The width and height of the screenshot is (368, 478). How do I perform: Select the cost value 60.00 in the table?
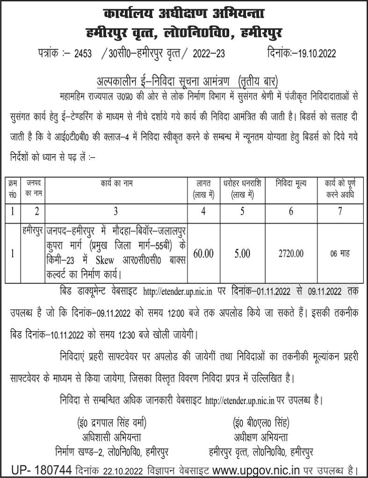(203, 254)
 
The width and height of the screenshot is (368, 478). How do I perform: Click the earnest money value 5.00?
(243, 254)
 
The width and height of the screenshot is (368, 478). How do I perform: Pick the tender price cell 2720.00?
(291, 254)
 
